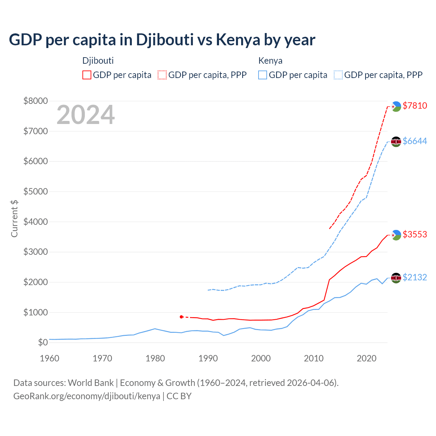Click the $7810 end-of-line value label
tap(415, 106)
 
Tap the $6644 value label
tap(415, 141)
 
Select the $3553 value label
tap(415, 234)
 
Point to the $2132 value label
tap(415, 277)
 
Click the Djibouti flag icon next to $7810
tap(396, 106)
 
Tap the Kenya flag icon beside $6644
tap(396, 141)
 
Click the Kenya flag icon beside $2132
tap(396, 278)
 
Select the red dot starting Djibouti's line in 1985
tap(181, 317)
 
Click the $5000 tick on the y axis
tap(35, 191)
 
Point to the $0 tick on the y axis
tap(43, 342)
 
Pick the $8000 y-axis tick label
tap(35, 101)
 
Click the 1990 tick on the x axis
tap(208, 358)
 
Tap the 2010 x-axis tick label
tap(313, 358)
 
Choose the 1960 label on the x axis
tap(50, 358)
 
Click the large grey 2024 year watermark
tap(85, 115)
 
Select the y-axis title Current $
tap(14, 218)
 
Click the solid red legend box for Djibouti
tap(87, 75)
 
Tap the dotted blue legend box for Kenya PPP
tap(338, 75)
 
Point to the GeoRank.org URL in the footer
tap(87, 396)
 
